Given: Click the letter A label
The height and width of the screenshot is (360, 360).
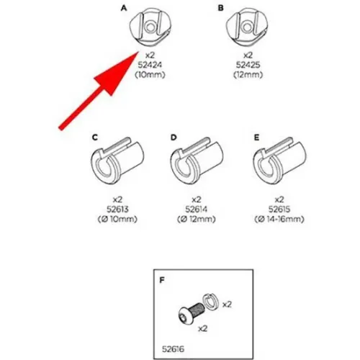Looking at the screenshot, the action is click(124, 8).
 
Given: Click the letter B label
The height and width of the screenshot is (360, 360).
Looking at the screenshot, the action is click(220, 8).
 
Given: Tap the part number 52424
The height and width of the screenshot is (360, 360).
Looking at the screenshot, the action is click(150, 65).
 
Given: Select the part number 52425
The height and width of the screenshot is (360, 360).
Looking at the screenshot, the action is click(248, 65).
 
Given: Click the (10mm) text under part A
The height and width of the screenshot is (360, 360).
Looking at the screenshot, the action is click(150, 75).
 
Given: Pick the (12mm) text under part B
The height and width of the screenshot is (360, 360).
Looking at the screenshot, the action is click(248, 75).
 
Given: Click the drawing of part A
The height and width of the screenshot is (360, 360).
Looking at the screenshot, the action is click(150, 27).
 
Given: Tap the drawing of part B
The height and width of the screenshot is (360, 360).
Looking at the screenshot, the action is click(247, 27).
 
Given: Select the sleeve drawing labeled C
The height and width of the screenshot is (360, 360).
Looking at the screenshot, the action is click(117, 161).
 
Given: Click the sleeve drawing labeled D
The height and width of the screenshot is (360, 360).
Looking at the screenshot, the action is click(197, 161).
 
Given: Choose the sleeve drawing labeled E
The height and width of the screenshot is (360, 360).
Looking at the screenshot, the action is click(279, 161).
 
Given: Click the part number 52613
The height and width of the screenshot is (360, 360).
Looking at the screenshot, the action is click(117, 210).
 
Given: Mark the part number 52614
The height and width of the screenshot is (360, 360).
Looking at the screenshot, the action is click(197, 210).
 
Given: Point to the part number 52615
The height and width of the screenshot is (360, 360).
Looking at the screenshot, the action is click(279, 210).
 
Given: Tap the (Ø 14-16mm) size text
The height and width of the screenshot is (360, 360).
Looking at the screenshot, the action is click(279, 219).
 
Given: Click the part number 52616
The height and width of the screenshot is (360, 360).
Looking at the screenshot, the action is click(173, 349).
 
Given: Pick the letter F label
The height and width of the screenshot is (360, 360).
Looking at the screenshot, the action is click(162, 280).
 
